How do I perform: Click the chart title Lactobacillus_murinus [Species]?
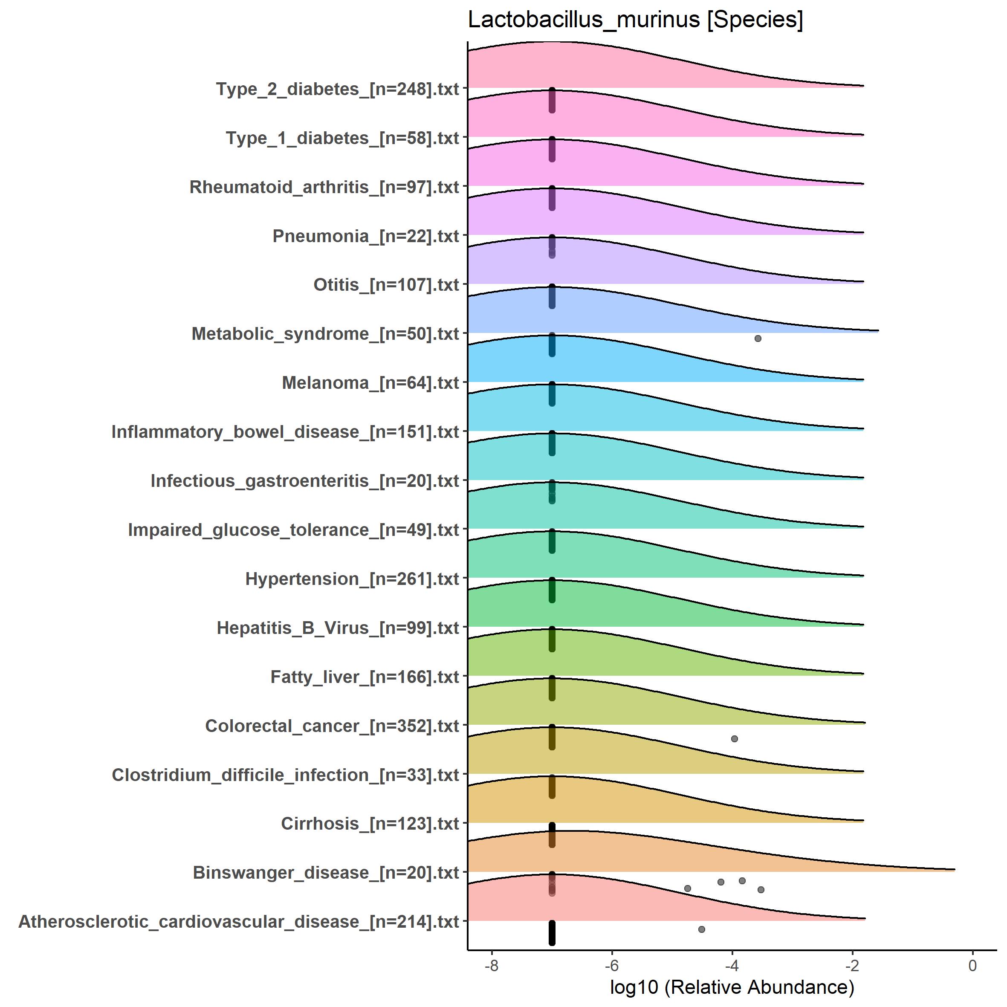(x=635, y=20)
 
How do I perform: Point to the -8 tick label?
(x=491, y=965)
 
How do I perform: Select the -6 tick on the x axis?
(x=611, y=965)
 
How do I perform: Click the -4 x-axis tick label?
(x=732, y=965)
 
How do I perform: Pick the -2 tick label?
(x=852, y=965)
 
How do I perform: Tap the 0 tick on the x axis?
(x=972, y=965)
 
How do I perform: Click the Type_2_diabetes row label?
(x=337, y=89)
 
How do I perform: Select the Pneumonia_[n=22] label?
(x=365, y=236)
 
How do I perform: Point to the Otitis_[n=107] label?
(x=386, y=285)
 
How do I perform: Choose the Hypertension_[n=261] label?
(x=352, y=579)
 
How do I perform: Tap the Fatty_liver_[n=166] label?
(x=365, y=677)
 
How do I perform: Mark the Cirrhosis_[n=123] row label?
(x=370, y=824)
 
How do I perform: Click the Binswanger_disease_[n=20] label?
(x=326, y=873)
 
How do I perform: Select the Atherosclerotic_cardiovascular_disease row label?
(x=239, y=922)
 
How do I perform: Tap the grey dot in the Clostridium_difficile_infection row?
(x=735, y=738)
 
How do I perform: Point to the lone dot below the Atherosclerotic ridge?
(x=702, y=929)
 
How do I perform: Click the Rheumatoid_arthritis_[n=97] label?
(x=324, y=187)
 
